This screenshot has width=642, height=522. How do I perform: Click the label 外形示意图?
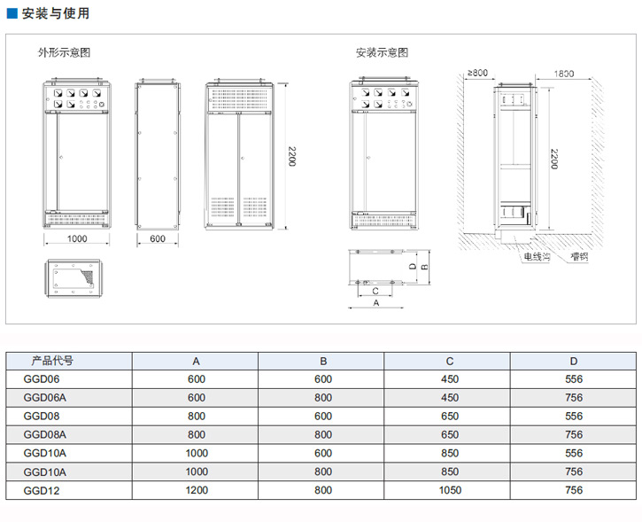pos(64,52)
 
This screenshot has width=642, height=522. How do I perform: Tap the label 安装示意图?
pos(383,52)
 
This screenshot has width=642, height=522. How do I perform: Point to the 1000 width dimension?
pos(77,239)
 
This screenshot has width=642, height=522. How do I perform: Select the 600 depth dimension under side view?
pos(158,239)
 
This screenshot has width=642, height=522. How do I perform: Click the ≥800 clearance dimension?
pos(477,74)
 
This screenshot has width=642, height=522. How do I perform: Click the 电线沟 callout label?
pos(537,257)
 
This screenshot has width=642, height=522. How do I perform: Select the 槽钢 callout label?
pos(580,257)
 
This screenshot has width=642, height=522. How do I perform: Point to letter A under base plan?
pos(375,303)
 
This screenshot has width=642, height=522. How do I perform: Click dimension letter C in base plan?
pos(375,290)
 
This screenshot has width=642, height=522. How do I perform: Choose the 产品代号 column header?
pos(52,361)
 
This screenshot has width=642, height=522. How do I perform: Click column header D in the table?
pos(574,361)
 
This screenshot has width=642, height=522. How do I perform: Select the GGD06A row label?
pos(45,398)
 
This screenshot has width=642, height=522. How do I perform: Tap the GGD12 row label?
pos(40,490)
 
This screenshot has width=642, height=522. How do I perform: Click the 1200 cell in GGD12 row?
pos(197,490)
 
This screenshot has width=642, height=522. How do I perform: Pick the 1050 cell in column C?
pos(450,490)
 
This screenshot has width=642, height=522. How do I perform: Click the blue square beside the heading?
pos(12,14)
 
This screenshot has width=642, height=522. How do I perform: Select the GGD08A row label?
pos(45,435)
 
